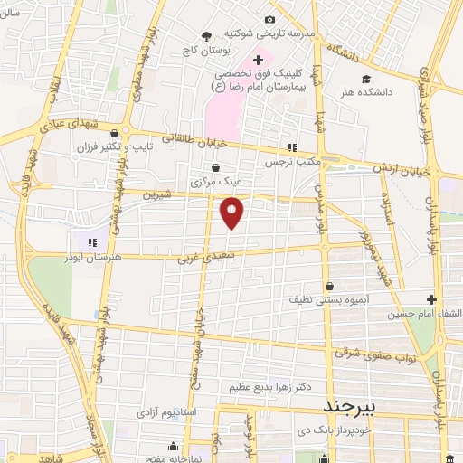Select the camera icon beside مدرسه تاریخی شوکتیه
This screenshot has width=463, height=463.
(269, 20)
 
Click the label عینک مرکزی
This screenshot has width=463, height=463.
(213, 182)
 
